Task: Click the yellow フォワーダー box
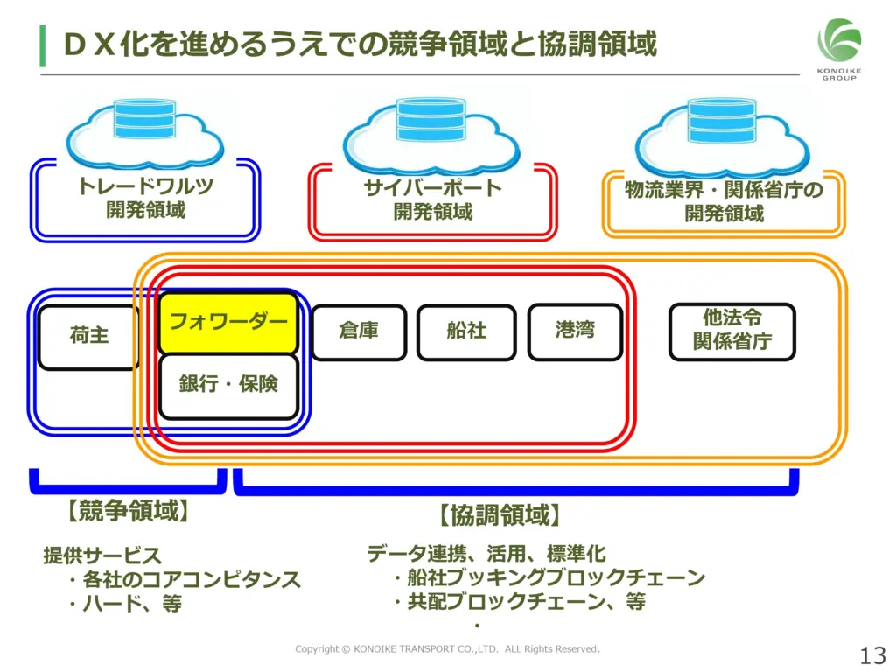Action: click(x=228, y=322)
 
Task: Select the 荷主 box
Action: click(x=88, y=336)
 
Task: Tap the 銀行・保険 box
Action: click(x=228, y=385)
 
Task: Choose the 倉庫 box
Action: click(x=359, y=332)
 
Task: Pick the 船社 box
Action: click(x=466, y=332)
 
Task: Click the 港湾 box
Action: click(x=575, y=331)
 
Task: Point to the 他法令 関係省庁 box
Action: click(x=732, y=331)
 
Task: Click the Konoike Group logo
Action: click(x=839, y=48)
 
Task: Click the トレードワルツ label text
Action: click(x=144, y=186)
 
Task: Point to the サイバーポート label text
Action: click(x=432, y=187)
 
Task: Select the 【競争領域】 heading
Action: click(x=128, y=512)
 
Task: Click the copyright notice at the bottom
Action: click(x=447, y=649)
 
